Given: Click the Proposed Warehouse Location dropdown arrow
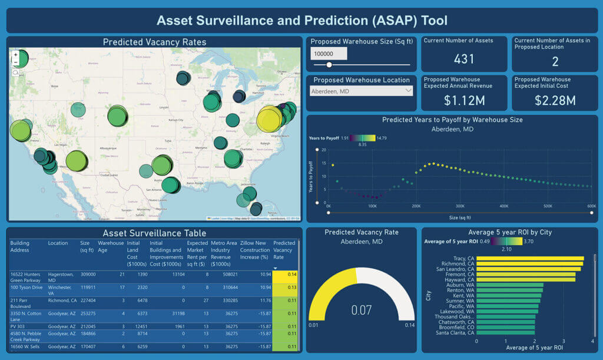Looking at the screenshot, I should (x=409, y=91).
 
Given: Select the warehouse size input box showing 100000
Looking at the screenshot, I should (x=329, y=54).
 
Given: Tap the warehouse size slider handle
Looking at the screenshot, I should (x=329, y=65).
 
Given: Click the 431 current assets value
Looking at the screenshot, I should (x=464, y=59).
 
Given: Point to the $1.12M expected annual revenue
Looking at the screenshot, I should (x=464, y=100).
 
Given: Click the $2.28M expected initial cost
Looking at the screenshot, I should (x=555, y=100).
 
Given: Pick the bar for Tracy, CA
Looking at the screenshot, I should (x=530, y=258).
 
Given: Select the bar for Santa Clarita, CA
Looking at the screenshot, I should (x=505, y=333).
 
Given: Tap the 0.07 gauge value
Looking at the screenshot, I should (x=362, y=310).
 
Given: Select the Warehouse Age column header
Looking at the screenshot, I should (x=111, y=246).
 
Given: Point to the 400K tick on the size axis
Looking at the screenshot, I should (x=503, y=206).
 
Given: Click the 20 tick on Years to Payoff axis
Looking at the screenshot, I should (x=323, y=150).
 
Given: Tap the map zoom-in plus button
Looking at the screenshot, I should (x=15, y=54).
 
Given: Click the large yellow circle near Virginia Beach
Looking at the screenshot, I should (x=270, y=119).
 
